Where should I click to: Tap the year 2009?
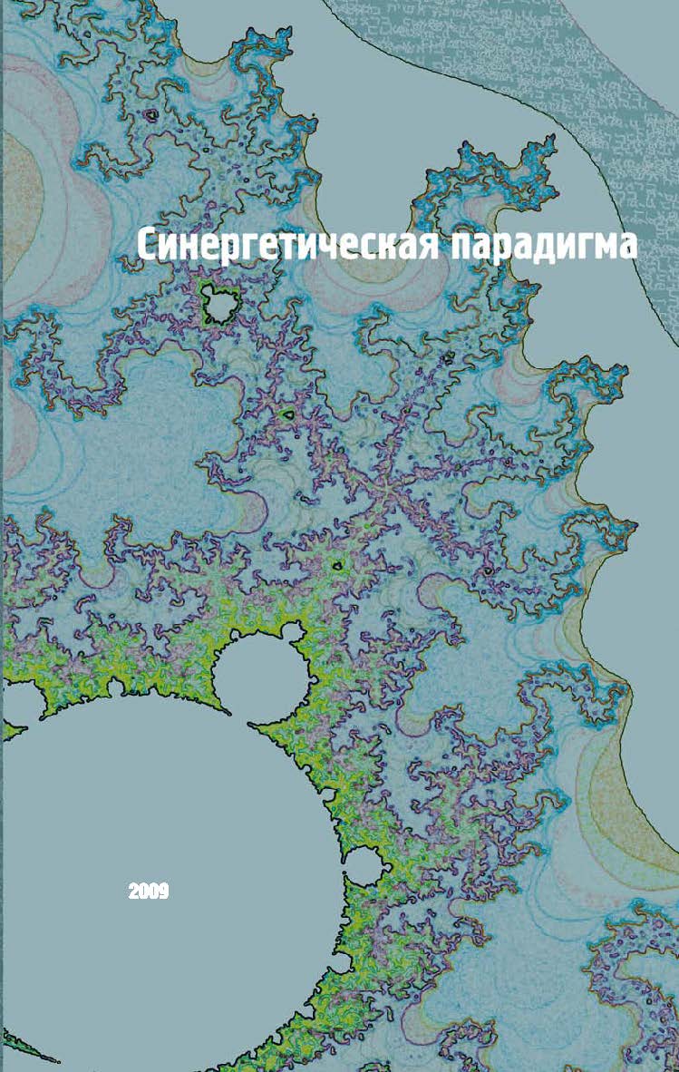[149, 892]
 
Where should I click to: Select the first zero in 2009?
[144, 892]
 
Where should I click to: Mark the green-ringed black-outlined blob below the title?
[218, 305]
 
